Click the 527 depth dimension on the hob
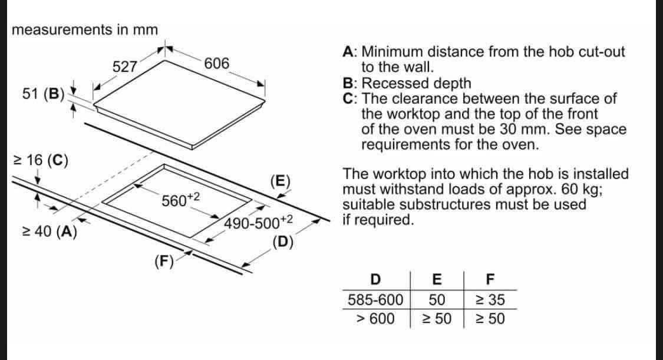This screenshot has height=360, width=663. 125,67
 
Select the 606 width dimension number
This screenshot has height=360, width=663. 217,64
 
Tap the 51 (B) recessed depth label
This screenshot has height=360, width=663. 42,93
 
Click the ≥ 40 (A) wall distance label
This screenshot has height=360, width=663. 48,232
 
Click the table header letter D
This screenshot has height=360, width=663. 375,279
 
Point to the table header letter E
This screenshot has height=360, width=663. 437,279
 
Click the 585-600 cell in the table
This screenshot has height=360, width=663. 375,300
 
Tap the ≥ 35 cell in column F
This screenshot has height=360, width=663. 490,300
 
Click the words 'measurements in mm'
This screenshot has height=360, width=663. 85,29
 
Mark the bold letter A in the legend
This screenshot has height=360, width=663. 348,52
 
